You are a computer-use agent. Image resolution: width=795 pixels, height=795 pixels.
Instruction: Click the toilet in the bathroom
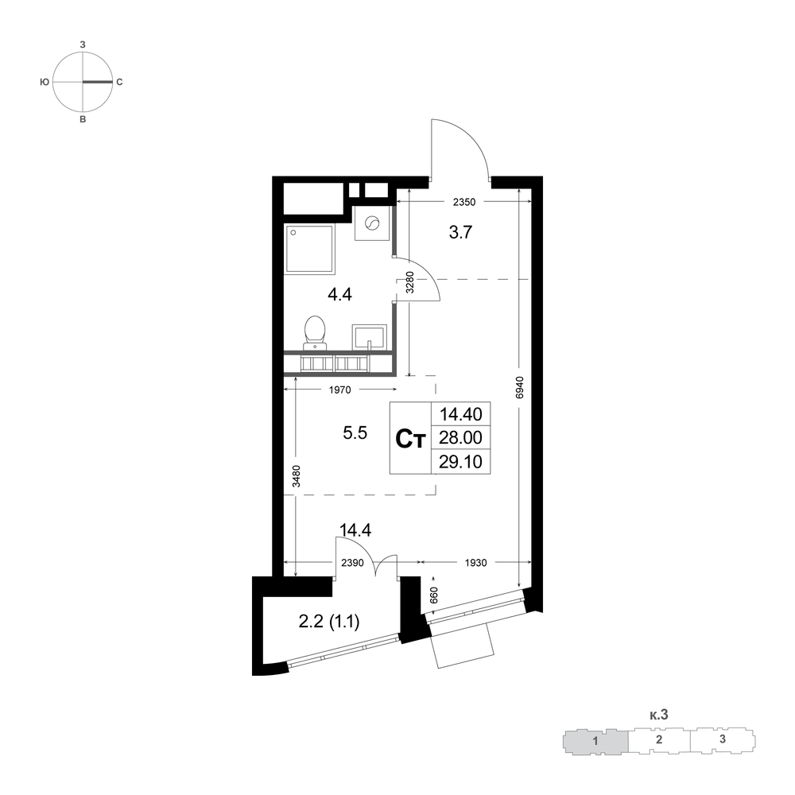[x=315, y=332]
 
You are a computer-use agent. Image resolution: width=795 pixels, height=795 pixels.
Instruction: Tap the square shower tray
[x=310, y=250]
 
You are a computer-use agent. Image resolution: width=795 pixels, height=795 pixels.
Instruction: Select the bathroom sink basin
[x=370, y=337]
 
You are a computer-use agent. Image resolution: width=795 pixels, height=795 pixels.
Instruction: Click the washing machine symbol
[x=372, y=223]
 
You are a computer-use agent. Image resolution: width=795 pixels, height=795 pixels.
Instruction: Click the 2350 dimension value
[x=464, y=202]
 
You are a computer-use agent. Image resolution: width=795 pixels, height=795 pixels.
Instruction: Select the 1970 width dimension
[x=339, y=390]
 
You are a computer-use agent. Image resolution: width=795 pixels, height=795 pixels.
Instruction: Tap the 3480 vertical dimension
[x=297, y=476]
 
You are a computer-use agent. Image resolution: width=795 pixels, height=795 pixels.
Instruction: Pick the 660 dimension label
[x=433, y=595]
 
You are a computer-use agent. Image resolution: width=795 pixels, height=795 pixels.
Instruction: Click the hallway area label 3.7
[x=460, y=232]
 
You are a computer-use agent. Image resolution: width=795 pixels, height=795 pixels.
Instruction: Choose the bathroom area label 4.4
[x=339, y=294]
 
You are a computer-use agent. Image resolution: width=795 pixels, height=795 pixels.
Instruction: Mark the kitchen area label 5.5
[x=355, y=433]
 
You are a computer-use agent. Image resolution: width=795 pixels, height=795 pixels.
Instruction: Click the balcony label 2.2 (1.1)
[x=329, y=621]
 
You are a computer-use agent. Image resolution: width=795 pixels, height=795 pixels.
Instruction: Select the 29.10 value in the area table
[x=460, y=462]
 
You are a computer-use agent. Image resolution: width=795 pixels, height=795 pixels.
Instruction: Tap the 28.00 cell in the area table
[x=460, y=437]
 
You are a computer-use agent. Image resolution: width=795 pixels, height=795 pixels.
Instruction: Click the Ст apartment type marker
[x=409, y=439]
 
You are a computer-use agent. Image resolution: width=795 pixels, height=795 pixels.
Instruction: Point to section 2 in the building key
[x=659, y=739]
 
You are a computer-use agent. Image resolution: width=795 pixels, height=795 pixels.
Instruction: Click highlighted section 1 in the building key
[x=595, y=741]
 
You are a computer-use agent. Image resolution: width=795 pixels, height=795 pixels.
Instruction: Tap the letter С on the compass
[x=120, y=82]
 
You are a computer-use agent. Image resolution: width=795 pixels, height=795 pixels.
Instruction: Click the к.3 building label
[x=658, y=715]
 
